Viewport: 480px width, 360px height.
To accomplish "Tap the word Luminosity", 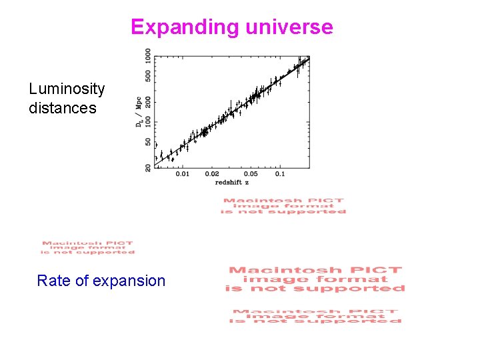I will [x=67, y=89].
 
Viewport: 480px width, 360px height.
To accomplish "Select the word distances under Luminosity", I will [x=63, y=108].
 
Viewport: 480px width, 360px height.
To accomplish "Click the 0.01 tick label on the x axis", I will [x=182, y=174].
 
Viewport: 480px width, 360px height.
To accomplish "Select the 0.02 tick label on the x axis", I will [x=211, y=174].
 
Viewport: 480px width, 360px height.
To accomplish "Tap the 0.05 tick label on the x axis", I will [x=250, y=174].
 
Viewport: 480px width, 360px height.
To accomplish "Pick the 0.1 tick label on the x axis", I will [x=279, y=174].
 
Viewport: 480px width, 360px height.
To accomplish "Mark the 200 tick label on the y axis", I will [x=148, y=101].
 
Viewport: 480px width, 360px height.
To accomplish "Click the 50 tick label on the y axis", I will [x=148, y=141].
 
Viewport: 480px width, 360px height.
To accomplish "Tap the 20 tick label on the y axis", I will [x=148, y=167].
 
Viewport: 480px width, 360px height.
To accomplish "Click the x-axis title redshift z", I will [x=232, y=182].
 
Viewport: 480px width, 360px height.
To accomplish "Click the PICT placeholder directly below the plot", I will [x=285, y=206].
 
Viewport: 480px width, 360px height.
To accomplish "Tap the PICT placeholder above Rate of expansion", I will [x=87, y=247].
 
